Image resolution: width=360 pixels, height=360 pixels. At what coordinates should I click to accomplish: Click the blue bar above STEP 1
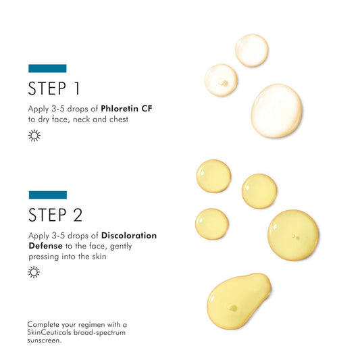point(47,68)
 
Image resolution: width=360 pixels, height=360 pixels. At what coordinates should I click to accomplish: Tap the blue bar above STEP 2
point(48,195)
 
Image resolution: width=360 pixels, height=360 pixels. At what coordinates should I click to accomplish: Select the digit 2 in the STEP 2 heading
point(78,215)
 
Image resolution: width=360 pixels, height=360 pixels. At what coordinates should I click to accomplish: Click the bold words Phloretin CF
point(126,109)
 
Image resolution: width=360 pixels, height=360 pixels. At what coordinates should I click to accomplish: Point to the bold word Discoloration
point(129,236)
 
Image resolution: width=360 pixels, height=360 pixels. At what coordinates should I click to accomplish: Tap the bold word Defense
point(45,246)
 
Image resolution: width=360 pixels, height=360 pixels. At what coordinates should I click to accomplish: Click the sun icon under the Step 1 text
point(34,136)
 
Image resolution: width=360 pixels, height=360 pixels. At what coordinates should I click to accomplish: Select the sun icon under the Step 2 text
point(34,272)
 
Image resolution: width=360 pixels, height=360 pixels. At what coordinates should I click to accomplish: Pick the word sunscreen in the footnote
point(44,340)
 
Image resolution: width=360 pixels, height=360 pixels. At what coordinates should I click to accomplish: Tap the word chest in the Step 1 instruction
point(119,120)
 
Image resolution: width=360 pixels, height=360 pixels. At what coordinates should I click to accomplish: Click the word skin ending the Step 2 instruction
point(99,256)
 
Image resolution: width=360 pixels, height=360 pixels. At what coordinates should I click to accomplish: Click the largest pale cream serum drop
point(276,111)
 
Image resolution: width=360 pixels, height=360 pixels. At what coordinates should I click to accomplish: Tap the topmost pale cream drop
point(252,50)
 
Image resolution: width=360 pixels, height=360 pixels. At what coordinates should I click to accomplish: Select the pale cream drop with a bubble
point(221,80)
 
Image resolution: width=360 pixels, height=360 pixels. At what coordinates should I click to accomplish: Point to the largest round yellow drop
point(293,235)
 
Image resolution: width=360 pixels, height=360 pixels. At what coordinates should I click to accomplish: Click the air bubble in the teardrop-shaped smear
point(232,307)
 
